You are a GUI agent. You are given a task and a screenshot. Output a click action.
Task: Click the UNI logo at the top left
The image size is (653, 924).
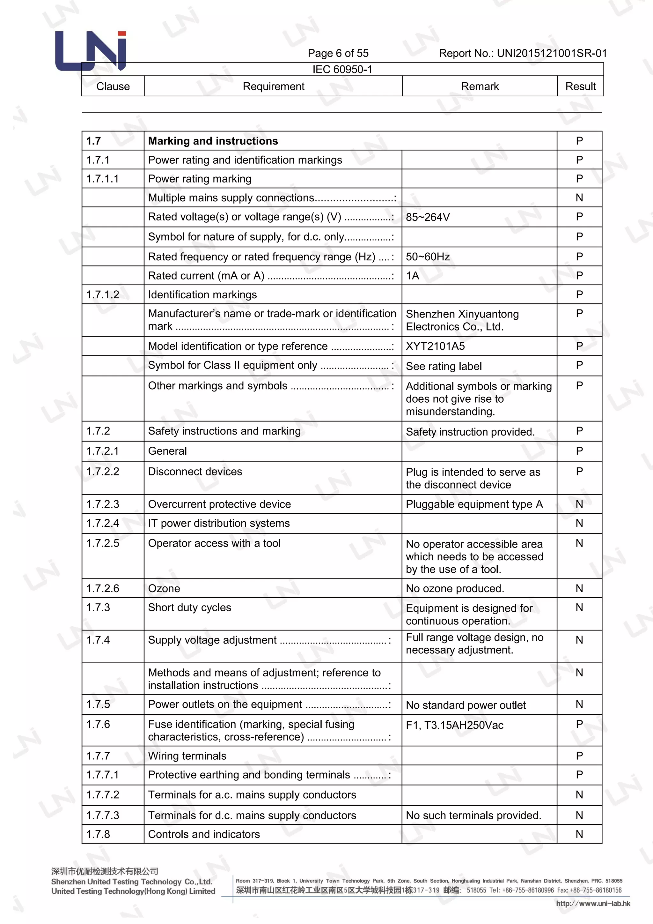91,51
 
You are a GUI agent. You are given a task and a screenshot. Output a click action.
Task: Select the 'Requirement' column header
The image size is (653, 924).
274,86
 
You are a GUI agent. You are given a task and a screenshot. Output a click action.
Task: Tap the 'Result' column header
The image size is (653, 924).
580,86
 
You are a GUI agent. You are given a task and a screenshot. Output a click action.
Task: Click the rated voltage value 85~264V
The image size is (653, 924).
428,217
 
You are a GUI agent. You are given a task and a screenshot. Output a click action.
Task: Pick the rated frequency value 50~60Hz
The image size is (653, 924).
428,257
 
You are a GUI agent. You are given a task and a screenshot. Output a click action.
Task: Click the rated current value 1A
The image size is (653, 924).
413,276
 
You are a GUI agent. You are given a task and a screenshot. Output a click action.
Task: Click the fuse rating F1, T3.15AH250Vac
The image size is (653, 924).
454,725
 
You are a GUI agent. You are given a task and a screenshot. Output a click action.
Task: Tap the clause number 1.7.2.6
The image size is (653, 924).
103,588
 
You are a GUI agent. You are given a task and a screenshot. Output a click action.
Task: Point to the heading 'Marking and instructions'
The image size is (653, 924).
213,141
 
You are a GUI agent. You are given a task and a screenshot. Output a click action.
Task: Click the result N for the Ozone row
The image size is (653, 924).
579,588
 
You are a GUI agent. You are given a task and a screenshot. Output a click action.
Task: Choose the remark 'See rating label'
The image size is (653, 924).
444,366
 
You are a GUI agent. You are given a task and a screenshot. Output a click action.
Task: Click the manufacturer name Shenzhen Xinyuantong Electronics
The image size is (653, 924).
462,320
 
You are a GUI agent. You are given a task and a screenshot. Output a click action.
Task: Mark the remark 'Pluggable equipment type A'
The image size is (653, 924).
474,504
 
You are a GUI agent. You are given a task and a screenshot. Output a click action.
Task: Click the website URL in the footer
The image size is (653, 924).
593,904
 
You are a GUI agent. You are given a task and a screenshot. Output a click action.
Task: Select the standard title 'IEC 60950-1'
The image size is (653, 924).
342,70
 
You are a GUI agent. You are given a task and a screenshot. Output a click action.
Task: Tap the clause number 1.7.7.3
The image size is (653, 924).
103,815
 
